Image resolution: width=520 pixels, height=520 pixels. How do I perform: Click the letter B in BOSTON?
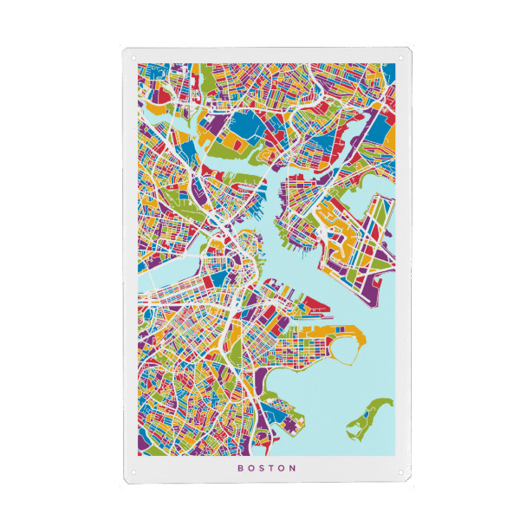pyautogui.click(x=240, y=468)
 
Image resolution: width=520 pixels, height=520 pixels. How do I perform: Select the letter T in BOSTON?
pyautogui.click(x=273, y=468)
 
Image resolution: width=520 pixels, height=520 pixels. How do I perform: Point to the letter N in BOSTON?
pyautogui.click(x=295, y=468)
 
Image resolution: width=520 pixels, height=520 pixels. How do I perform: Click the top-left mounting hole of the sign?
pyautogui.click(x=134, y=57)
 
